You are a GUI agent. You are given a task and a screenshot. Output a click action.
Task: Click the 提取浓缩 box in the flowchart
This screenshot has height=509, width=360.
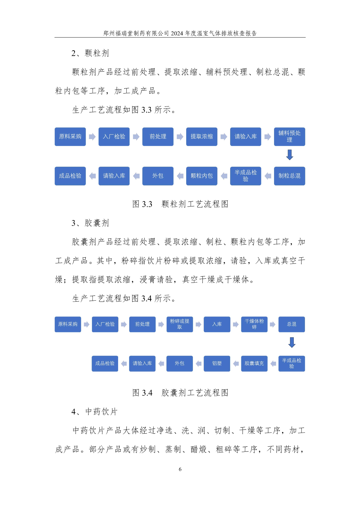click(201, 137)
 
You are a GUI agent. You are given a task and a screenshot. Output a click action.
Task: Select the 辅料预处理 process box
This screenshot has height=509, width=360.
click(289, 137)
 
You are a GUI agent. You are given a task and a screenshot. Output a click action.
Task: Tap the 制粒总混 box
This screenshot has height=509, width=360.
click(289, 176)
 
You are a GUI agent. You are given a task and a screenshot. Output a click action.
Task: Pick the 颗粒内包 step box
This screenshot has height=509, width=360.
click(201, 176)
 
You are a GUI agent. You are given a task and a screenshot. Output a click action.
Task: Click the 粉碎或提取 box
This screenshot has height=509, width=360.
click(180, 324)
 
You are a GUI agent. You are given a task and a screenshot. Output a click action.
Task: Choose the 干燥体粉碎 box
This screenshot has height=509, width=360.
click(254, 324)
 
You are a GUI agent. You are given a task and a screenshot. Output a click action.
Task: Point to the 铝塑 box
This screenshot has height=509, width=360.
click(217, 363)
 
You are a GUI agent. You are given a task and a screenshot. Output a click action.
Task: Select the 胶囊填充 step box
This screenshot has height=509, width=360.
click(254, 363)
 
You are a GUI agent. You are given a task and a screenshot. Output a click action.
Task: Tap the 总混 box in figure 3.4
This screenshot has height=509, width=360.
click(292, 324)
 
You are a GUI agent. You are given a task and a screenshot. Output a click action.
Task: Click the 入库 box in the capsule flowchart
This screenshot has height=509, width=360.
click(217, 324)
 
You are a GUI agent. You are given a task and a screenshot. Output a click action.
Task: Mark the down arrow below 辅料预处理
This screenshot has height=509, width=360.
click(290, 155)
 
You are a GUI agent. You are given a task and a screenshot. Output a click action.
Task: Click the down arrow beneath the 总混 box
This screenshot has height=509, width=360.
click(292, 343)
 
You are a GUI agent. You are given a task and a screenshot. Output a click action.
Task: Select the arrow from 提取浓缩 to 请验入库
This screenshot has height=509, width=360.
click(224, 137)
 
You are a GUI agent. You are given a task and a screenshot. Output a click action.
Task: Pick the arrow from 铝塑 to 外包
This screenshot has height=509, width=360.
click(199, 364)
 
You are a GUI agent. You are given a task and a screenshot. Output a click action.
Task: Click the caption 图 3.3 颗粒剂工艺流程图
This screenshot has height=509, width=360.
click(180, 204)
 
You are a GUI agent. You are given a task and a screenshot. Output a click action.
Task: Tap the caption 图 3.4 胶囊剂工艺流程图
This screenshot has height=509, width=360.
click(180, 393)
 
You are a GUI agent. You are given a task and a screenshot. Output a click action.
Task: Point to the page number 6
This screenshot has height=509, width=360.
click(180, 469)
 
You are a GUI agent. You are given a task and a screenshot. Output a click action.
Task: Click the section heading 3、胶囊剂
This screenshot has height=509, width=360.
click(90, 223)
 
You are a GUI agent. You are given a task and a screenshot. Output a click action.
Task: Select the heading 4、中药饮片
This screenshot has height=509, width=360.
click(95, 412)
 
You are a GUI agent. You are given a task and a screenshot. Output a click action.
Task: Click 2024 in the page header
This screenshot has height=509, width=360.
click(177, 33)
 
